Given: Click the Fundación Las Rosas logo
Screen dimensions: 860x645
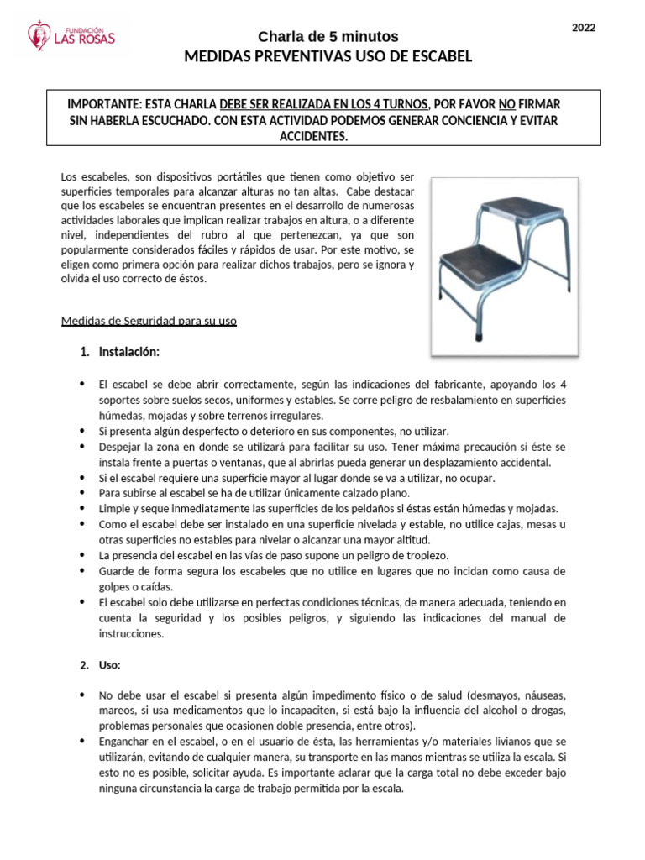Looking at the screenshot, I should tap(71, 35).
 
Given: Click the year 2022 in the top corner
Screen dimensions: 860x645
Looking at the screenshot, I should tap(584, 29).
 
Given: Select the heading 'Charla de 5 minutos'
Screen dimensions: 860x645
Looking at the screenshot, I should tap(328, 37).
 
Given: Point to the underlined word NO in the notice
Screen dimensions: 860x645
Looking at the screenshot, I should tap(506, 104).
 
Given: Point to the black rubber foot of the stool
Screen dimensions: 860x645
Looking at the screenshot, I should tap(478, 333).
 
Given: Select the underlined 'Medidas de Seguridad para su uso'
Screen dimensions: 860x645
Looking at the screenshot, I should tap(149, 322).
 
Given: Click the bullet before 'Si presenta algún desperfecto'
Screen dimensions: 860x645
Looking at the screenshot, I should tap(82, 429).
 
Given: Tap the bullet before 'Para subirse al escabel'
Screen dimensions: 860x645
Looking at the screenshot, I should tap(82, 492).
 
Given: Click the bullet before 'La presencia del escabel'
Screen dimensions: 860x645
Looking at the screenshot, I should tap(82, 555).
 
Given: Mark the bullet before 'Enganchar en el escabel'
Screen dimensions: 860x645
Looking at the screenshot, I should tap(82, 742).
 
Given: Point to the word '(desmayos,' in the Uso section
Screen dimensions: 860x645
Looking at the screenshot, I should tap(498, 695).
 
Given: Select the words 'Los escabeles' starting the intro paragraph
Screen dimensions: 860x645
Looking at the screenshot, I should tap(93, 176).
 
